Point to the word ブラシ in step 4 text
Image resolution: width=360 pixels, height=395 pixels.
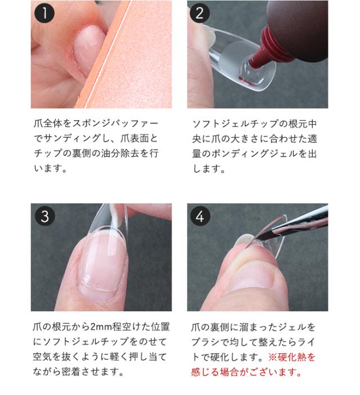point(206,342)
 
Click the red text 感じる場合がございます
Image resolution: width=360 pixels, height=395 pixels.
point(247,372)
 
